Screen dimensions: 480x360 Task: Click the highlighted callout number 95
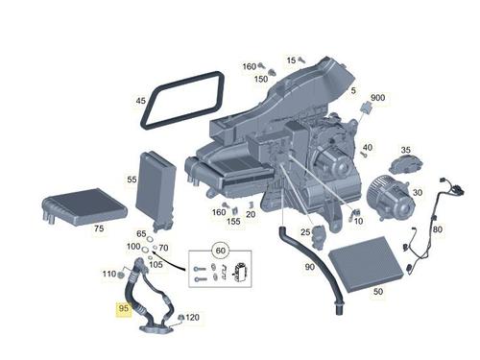[123, 308]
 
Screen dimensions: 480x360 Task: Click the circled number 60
[221, 251]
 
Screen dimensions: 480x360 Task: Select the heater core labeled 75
[84, 207]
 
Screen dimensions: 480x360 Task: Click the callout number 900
[377, 98]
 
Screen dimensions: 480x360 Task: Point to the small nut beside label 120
[180, 318]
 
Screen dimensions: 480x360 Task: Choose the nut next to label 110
[121, 275]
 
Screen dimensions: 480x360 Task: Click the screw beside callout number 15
[301, 60]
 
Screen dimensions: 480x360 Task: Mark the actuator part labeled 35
[406, 164]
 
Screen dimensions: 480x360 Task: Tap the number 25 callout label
[305, 231]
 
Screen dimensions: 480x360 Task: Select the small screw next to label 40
[363, 155]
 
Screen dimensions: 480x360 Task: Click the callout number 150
[261, 79]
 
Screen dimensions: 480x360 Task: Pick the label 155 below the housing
[233, 221]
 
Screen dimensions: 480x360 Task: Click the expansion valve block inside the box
[242, 273]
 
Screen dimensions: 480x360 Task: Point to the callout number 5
[353, 90]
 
